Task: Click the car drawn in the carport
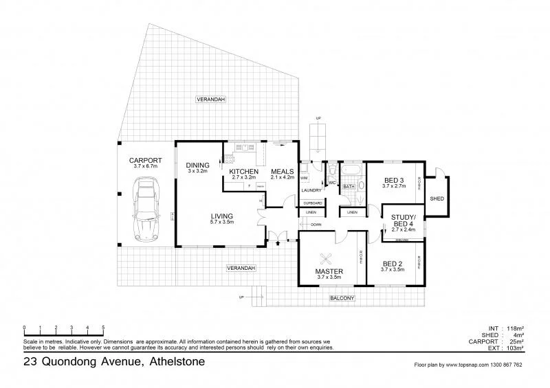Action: [x=146, y=205]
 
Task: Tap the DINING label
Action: [x=198, y=165]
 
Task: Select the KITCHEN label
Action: [x=243, y=171]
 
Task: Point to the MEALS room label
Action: [x=283, y=171]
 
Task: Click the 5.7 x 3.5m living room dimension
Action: [x=222, y=222]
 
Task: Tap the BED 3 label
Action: [x=393, y=181]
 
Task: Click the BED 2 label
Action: [x=393, y=263]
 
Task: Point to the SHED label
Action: [x=437, y=198]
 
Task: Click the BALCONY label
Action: [x=342, y=297]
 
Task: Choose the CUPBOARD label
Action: [x=312, y=203]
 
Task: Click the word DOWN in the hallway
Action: [x=316, y=225]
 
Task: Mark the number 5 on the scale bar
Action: [x=103, y=327]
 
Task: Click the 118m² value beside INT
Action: [x=514, y=328]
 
